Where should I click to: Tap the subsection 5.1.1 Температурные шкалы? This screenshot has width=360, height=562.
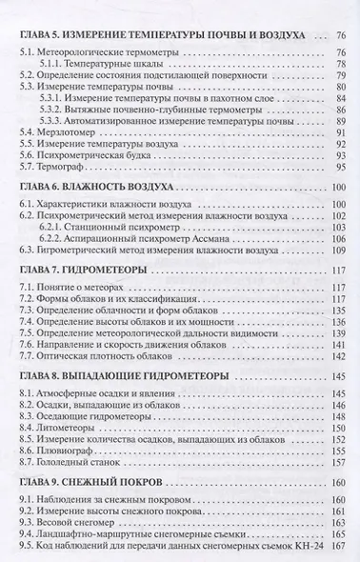click(104, 68)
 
